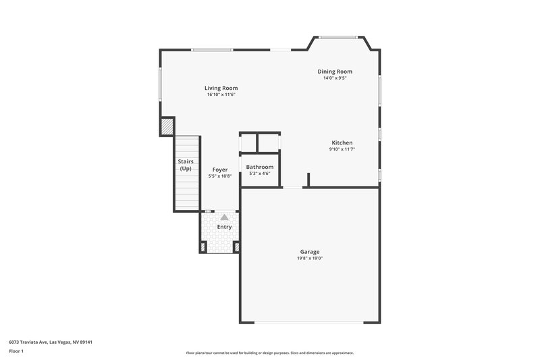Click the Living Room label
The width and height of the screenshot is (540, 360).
coord(221,88)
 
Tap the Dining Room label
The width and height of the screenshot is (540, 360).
coord(335,72)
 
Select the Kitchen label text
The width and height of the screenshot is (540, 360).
coord(342,143)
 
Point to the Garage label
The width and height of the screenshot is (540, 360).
coord(310,252)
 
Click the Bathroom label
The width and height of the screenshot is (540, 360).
coord(260,167)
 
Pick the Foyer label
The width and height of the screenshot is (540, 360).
coord(220,170)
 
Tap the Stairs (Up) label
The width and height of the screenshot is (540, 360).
coord(186,165)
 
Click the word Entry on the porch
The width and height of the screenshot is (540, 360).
coord(224,227)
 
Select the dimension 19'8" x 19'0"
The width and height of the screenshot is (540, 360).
coord(310,259)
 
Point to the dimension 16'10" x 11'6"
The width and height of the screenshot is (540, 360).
coord(221,95)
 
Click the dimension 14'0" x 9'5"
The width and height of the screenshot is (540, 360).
coord(335,78)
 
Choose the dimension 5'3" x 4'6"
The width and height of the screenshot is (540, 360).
coord(260,174)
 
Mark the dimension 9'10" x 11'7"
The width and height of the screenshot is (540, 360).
coord(342,149)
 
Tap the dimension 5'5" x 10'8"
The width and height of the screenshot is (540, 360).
coord(220,176)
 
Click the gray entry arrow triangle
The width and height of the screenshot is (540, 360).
coord(224,217)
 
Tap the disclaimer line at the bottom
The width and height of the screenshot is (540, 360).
coord(270,353)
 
